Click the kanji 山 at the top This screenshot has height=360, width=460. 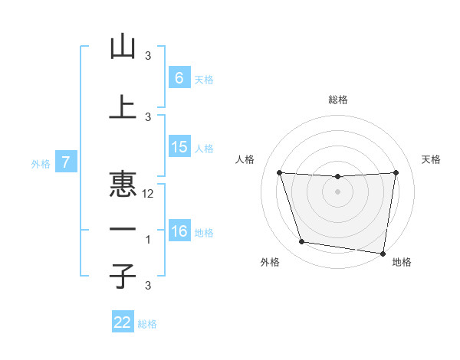[123, 47]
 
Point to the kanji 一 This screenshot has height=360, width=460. [123, 229]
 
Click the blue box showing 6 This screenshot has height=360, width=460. [179, 77]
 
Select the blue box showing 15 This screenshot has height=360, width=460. [179, 147]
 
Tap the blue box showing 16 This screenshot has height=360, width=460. [179, 231]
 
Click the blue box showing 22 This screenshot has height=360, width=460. [123, 322]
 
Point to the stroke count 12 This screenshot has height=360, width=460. [149, 194]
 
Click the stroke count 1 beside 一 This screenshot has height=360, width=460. [149, 240]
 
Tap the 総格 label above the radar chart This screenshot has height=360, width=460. [337, 100]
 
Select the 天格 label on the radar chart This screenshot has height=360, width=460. [432, 159]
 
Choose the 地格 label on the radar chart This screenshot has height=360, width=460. [402, 262]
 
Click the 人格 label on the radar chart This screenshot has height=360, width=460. [245, 159]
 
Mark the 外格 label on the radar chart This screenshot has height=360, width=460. [270, 262]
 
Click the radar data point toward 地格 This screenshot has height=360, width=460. [383, 254]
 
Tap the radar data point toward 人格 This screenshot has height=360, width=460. [279, 172]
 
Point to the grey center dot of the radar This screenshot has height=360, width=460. [337, 191]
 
